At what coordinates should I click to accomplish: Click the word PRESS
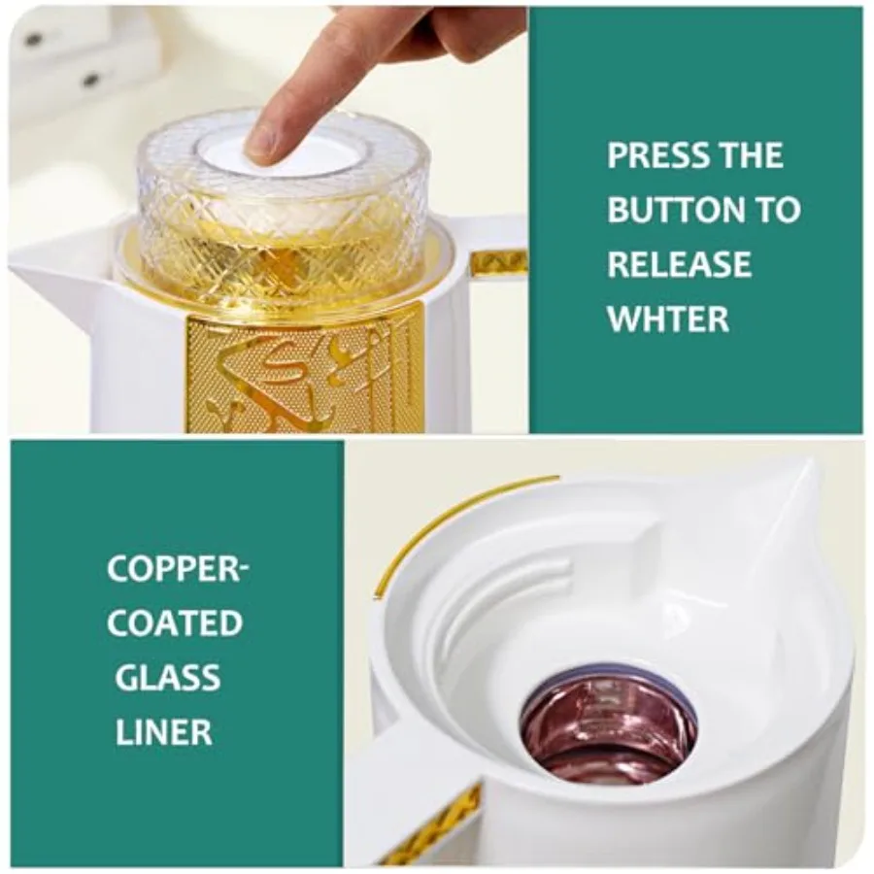655,155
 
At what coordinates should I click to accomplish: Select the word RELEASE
680,264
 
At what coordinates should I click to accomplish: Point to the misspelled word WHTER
668,319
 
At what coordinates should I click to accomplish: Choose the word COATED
175,623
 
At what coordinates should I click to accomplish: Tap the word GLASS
168,678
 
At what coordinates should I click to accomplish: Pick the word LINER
164,731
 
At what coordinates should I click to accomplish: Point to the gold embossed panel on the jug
301,371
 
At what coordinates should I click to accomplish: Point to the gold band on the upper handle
498,262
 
